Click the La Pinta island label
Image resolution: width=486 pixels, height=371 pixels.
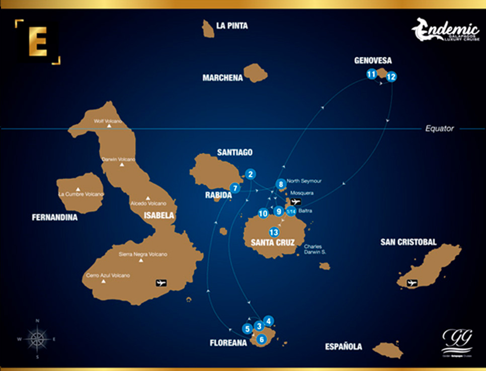(x=231, y=26)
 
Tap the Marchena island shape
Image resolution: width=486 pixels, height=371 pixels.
(x=256, y=73)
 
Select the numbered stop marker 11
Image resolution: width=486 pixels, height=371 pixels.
(x=371, y=75)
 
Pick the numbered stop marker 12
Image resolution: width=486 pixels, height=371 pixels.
(x=391, y=77)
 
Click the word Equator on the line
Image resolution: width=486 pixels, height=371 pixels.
(x=439, y=128)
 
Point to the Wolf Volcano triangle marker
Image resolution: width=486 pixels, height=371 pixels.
(x=109, y=126)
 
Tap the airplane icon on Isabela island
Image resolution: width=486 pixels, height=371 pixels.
(x=161, y=282)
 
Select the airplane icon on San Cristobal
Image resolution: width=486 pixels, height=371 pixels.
(x=412, y=283)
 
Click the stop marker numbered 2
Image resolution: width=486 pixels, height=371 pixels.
(x=251, y=174)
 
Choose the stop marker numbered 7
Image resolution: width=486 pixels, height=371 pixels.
(x=234, y=188)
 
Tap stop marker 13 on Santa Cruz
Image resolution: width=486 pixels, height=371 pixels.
(x=274, y=232)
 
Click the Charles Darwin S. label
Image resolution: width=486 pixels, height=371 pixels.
(x=315, y=249)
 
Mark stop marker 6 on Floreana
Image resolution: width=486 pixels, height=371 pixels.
(x=261, y=339)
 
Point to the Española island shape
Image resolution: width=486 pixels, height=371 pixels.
(x=388, y=350)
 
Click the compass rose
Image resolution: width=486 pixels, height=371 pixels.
(x=37, y=338)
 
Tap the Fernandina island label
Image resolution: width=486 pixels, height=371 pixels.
(x=54, y=218)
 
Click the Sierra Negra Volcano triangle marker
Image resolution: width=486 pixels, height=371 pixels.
(x=141, y=260)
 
